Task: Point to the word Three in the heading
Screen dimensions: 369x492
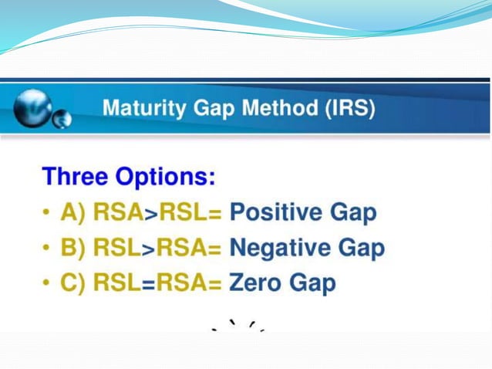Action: point(75,177)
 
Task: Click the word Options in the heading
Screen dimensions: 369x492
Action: point(166,177)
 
